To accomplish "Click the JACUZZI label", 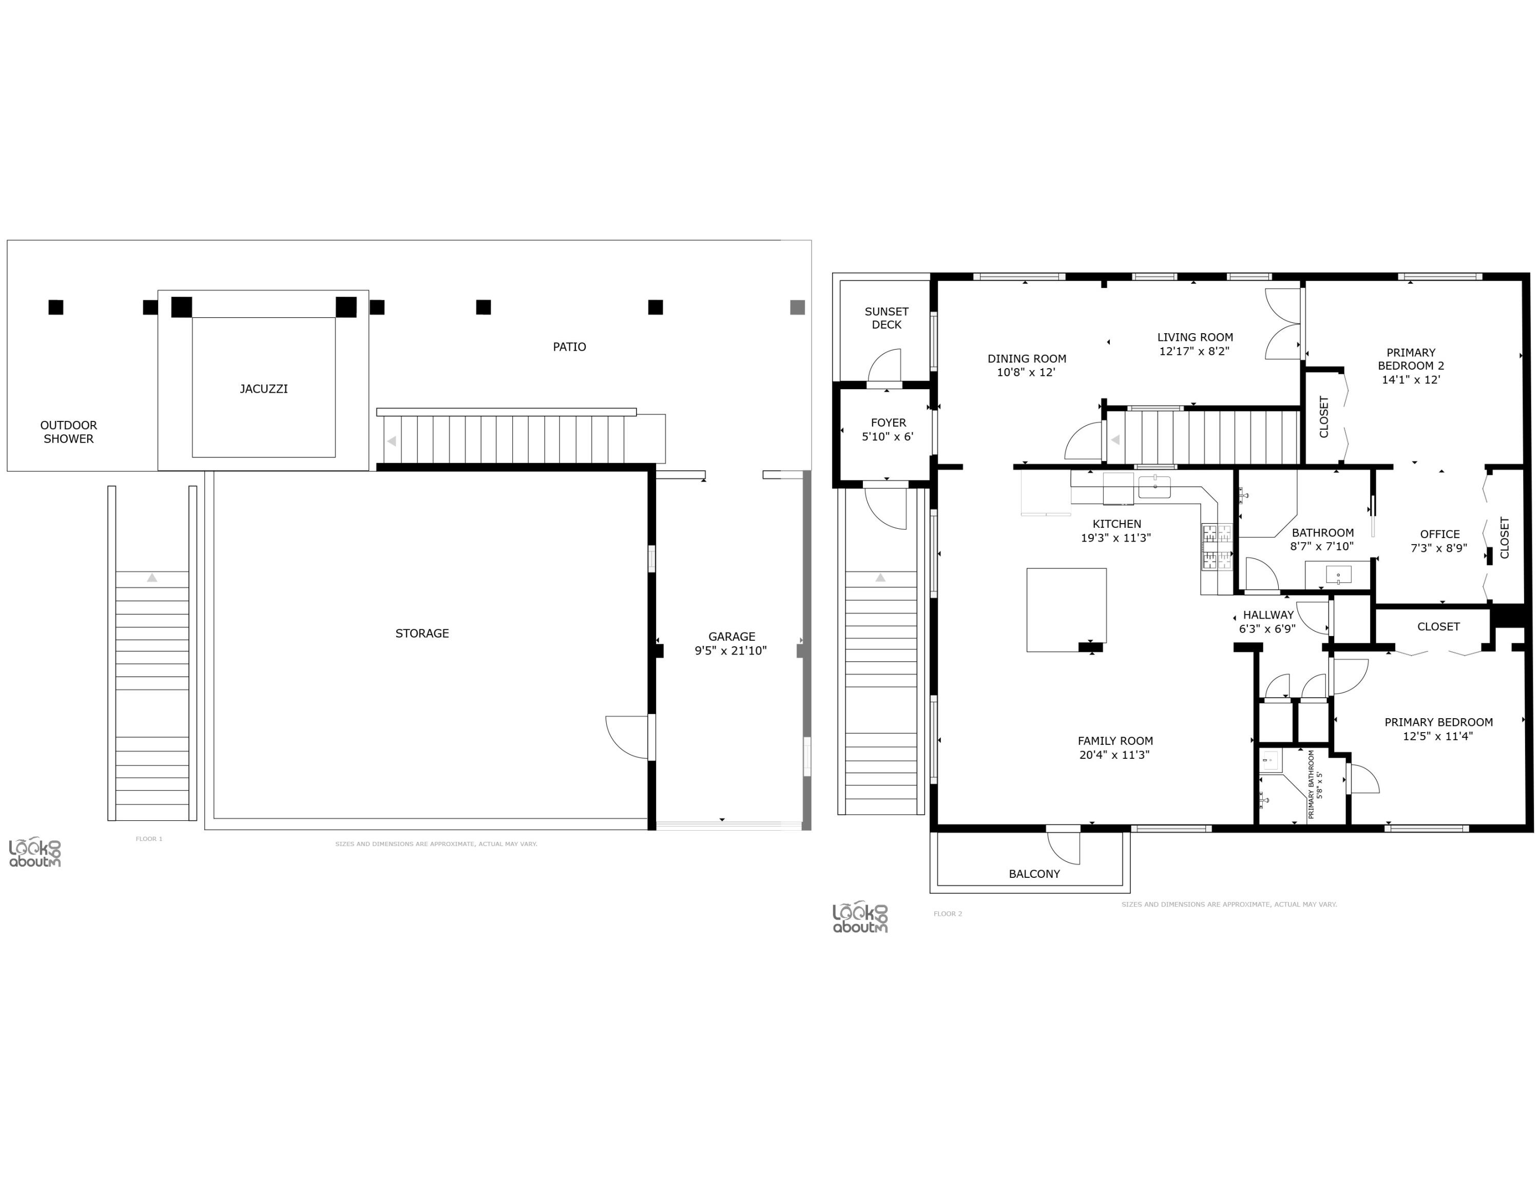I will click(264, 389).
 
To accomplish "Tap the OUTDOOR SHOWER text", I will click(68, 431).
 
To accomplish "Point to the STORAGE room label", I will click(421, 633).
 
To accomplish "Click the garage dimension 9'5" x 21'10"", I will click(730, 650).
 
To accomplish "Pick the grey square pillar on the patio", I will click(798, 308).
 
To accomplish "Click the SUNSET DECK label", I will click(887, 318).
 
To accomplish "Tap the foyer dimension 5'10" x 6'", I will click(887, 437).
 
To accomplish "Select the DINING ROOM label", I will click(1027, 359).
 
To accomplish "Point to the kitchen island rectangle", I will click(1066, 610).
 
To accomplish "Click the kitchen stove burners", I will click(1217, 546).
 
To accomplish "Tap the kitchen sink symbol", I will click(1154, 487).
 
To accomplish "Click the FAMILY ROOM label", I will click(1115, 741).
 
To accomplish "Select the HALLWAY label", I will click(1268, 615).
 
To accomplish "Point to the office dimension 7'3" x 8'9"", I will click(1439, 548).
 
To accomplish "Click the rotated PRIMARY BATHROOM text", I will click(1312, 784).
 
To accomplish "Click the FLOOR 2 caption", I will click(948, 914).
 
